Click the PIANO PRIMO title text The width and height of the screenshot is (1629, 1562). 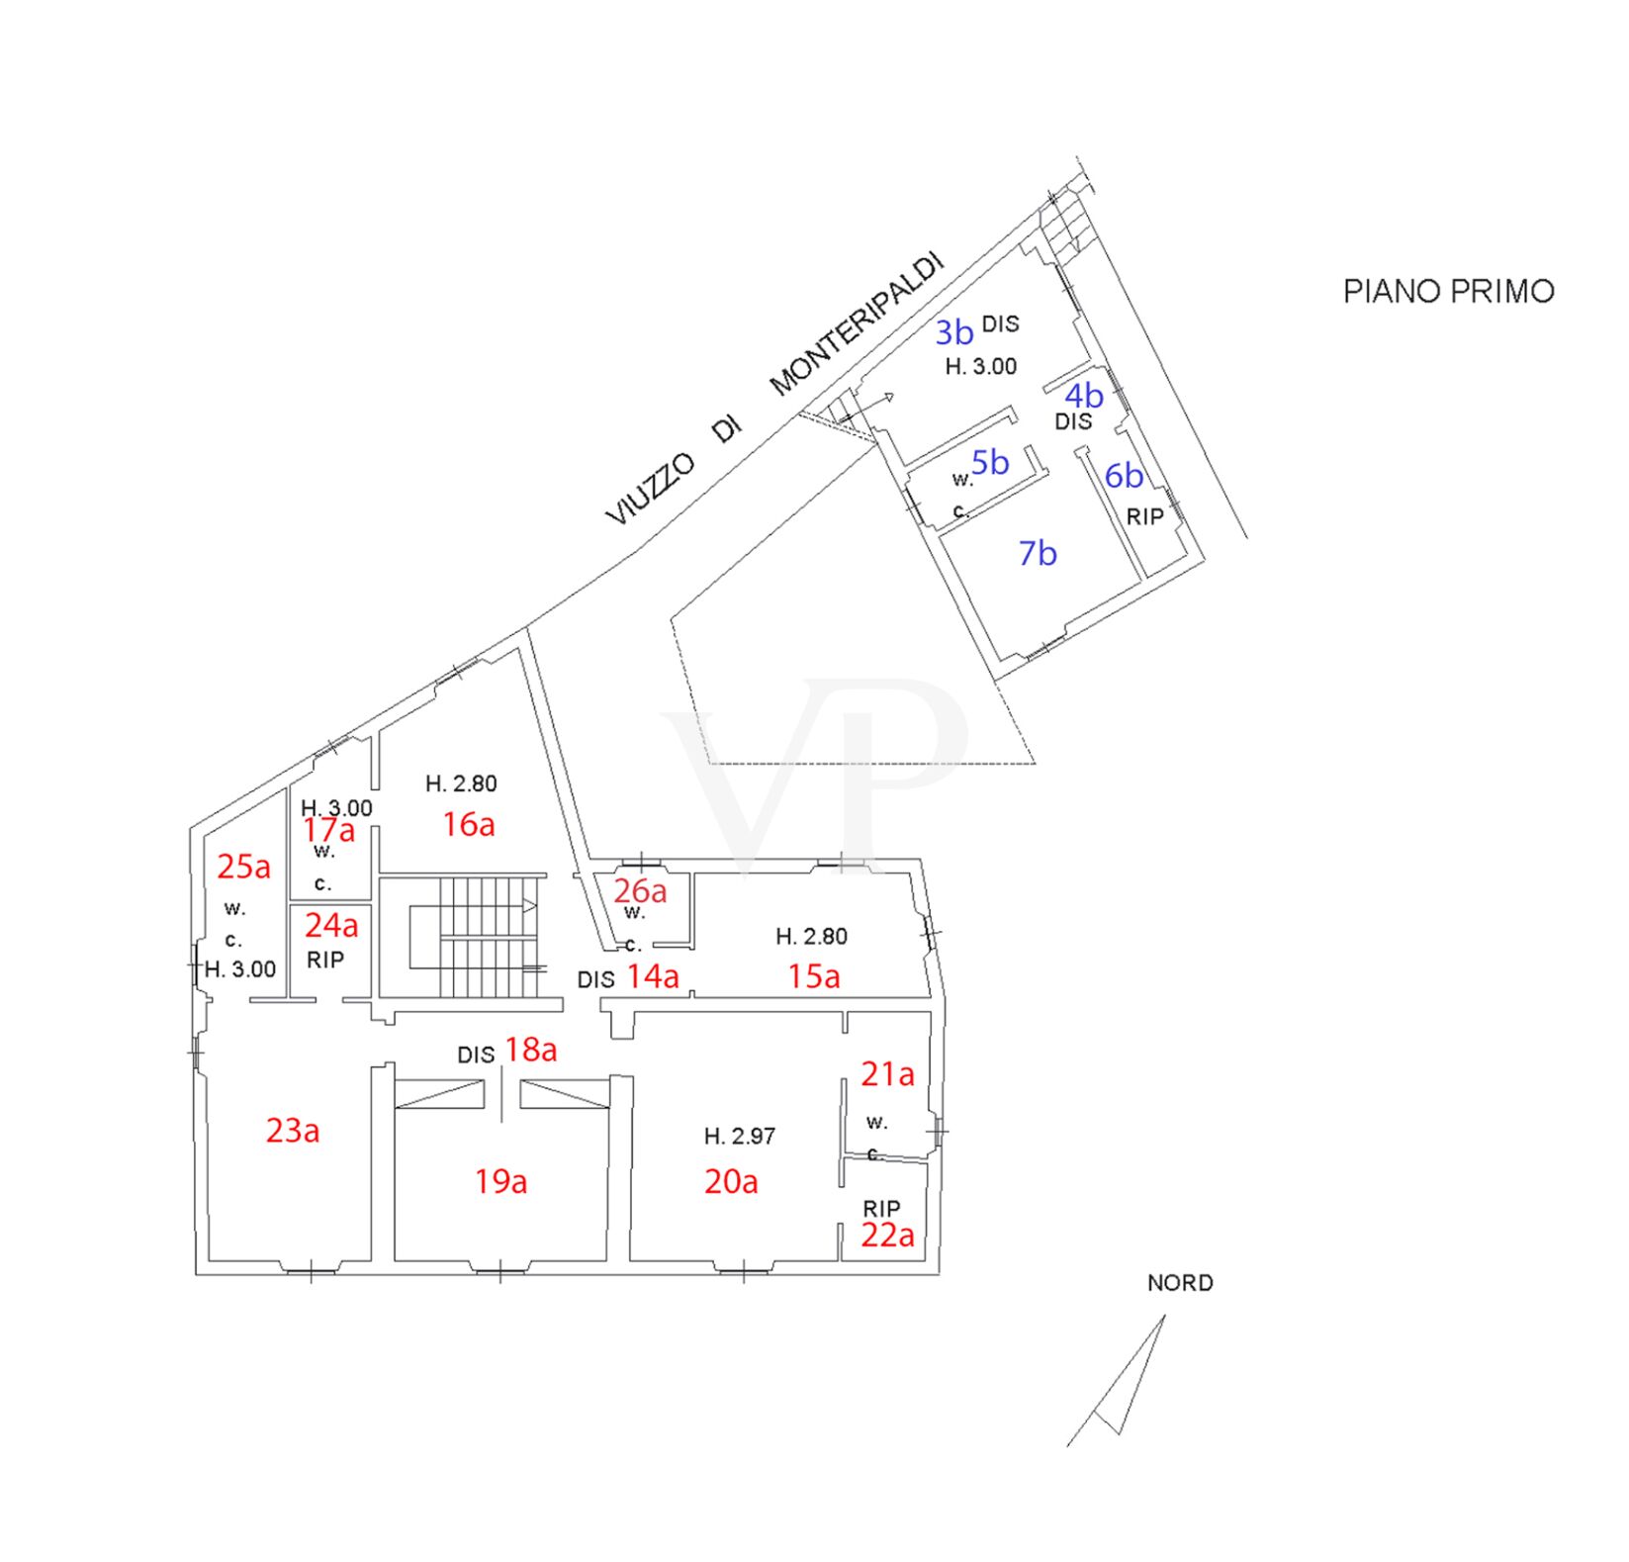[x=1448, y=291]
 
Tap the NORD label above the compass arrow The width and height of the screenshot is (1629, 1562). [x=1180, y=1283]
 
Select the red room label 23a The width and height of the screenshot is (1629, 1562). [x=293, y=1130]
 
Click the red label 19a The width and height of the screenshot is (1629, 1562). [x=500, y=1181]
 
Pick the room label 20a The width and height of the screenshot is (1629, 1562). [x=731, y=1181]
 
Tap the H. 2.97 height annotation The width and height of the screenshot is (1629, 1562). [x=740, y=1137]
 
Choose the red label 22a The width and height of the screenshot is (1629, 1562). [x=887, y=1236]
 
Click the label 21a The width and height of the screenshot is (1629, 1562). [x=887, y=1073]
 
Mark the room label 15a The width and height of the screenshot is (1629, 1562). [x=814, y=976]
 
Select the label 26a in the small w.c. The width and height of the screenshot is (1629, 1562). [x=640, y=890]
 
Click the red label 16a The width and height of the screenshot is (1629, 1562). [x=469, y=824]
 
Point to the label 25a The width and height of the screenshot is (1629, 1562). [x=243, y=867]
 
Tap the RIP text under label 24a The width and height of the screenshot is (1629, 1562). [x=325, y=961]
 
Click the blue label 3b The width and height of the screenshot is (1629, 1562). [x=954, y=332]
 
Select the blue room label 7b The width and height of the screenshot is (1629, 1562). [x=1038, y=553]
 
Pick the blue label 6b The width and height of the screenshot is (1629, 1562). [x=1124, y=476]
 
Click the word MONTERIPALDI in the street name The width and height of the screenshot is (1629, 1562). [x=858, y=323]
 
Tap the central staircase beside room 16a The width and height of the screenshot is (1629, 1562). [x=474, y=937]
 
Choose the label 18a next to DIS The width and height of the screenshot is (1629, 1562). [x=531, y=1050]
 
